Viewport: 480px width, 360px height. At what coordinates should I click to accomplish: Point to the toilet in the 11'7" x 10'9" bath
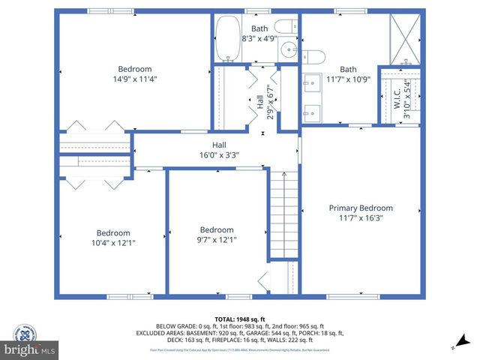click(x=313, y=55)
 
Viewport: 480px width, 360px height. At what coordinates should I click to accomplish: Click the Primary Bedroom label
click(x=361, y=208)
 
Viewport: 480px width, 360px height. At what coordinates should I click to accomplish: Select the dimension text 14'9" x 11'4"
click(x=135, y=79)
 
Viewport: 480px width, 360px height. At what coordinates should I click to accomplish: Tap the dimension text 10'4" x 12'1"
click(x=113, y=242)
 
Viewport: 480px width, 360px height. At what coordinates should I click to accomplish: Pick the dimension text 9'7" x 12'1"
click(x=216, y=240)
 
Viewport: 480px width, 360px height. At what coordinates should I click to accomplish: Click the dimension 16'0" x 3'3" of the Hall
click(x=219, y=155)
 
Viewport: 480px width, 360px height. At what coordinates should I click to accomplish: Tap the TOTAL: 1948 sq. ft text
click(x=239, y=318)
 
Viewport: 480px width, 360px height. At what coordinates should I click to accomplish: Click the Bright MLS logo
click(x=30, y=349)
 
